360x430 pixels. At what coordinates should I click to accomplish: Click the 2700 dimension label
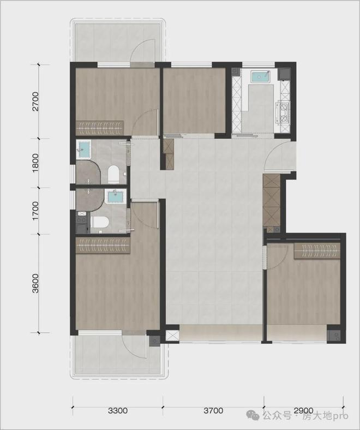35,101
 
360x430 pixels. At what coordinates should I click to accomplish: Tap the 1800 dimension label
35,163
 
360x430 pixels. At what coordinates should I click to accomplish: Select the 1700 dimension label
35,211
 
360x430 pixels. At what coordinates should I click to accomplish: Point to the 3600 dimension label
35,283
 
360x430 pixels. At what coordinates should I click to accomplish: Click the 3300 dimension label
118,410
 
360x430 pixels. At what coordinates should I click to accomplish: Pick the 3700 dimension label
213,410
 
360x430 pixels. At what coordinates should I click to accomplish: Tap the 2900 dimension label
303,410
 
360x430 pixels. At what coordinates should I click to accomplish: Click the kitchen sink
261,76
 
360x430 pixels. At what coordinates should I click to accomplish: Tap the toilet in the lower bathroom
99,222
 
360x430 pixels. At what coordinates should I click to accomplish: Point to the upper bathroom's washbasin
83,150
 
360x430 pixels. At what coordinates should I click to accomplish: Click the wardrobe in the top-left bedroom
100,128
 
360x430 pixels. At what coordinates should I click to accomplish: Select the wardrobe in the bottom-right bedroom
317,250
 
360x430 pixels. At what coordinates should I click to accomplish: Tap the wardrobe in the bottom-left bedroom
103,245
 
